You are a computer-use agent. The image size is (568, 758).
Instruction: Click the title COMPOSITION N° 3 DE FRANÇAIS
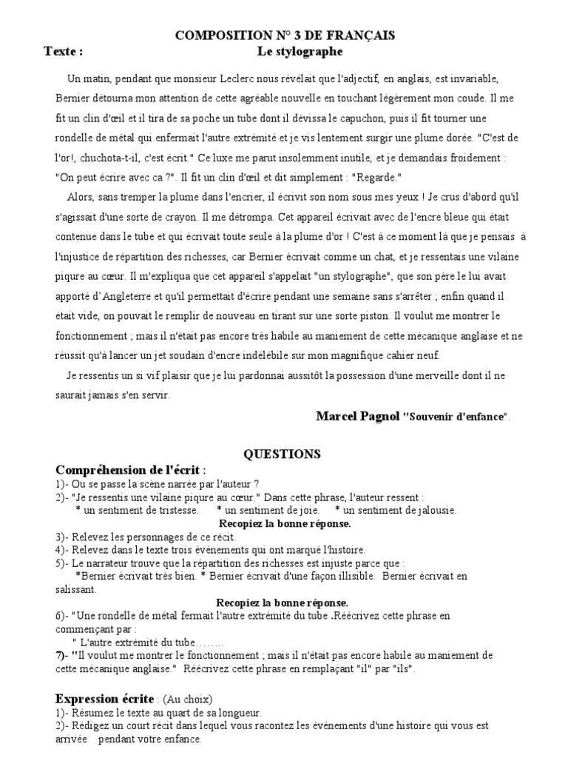click(285, 35)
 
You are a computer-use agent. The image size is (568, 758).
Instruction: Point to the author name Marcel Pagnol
click(357, 416)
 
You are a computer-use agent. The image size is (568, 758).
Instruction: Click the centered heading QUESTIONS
click(283, 454)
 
